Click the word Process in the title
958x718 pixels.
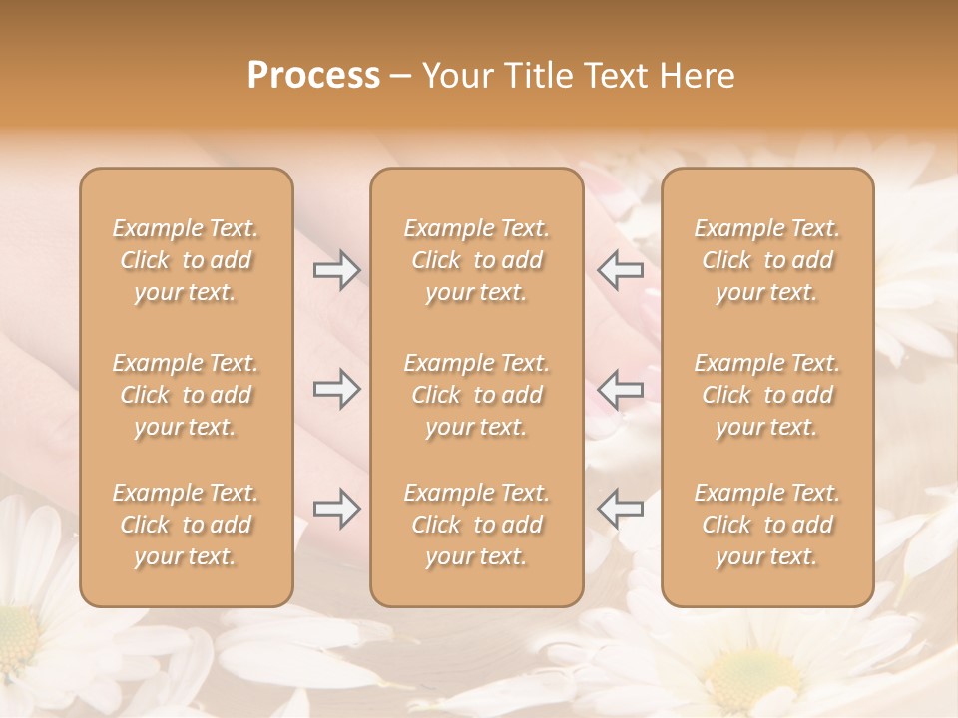[313, 76]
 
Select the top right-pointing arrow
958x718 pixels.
[337, 270]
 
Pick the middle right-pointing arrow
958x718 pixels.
[337, 390]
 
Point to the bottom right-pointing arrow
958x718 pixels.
[337, 509]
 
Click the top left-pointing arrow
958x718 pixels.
[620, 270]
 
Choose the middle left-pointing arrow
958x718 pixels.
[620, 390]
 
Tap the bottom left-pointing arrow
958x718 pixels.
[620, 509]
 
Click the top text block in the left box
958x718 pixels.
[186, 260]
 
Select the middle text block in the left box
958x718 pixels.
[186, 395]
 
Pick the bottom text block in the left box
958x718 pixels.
[186, 525]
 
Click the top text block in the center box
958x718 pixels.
[476, 260]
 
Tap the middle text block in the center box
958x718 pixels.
[476, 395]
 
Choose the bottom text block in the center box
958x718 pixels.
[476, 525]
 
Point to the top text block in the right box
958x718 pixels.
[766, 260]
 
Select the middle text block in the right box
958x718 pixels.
[766, 395]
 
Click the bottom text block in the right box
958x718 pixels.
[766, 525]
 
